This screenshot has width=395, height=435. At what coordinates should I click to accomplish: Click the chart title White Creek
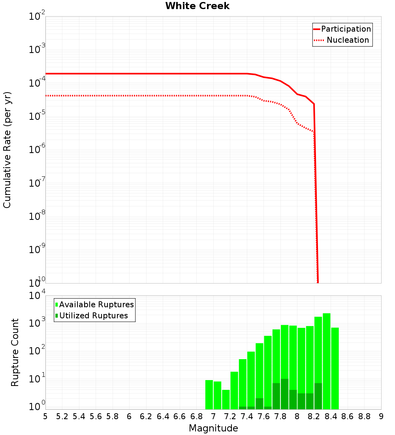pyautogui.click(x=197, y=6)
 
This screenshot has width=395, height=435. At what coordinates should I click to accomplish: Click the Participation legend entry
pyautogui.click(x=346, y=29)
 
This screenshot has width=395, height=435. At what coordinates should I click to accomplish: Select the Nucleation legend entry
pyautogui.click(x=348, y=40)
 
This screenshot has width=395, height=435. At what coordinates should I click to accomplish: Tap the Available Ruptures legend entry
pyautogui.click(x=96, y=304)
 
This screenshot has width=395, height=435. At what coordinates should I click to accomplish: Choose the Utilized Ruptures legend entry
pyautogui.click(x=93, y=316)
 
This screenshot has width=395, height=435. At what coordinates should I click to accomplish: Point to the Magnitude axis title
pyautogui.click(x=213, y=428)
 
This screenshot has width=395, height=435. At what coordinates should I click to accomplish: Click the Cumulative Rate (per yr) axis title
pyautogui.click(x=7, y=149)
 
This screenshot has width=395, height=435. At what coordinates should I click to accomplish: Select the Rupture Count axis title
pyautogui.click(x=15, y=352)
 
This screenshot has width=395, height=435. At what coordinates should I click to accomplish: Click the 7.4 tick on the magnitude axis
pyautogui.click(x=247, y=416)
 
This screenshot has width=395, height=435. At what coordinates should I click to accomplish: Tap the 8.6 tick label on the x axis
pyautogui.click(x=348, y=416)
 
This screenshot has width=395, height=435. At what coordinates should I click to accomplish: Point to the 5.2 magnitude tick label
pyautogui.click(x=62, y=416)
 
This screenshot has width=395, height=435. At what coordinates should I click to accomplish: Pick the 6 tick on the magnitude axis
pyautogui.click(x=129, y=416)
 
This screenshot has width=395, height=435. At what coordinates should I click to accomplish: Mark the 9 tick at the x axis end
pyautogui.click(x=381, y=416)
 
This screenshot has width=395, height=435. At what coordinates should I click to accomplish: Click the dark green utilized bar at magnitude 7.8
pyautogui.click(x=284, y=394)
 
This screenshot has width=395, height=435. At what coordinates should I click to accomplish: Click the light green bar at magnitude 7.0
pyautogui.click(x=217, y=395)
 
